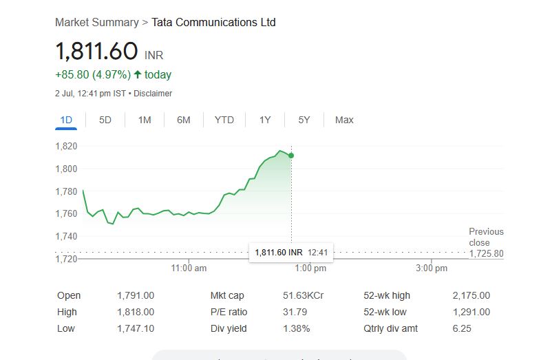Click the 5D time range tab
pos(105,120)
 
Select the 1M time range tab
pos(145,120)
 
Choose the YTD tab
pos(224,120)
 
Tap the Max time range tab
pos(344,120)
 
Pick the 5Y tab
pos(304,120)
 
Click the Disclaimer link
pos(153,94)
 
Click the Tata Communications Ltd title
pos(213,22)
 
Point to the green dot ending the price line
pos(291,156)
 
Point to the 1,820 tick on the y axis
pos(66,146)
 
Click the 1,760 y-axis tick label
pos(66,213)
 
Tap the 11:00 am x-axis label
pos(189,268)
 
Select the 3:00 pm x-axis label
pos(432,268)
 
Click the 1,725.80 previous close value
pos(486,253)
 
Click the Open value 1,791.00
pos(136,296)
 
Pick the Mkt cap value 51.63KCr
pos(303,296)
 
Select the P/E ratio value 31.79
pos(295,313)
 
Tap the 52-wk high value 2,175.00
pos(471,296)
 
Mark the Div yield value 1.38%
pos(296,329)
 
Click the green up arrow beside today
pos(138,74)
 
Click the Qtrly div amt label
pos(390,329)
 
